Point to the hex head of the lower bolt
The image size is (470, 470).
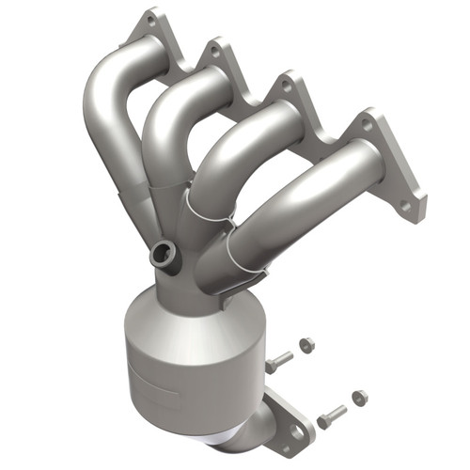(x=323, y=420)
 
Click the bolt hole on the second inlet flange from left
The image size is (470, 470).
(x=215, y=55)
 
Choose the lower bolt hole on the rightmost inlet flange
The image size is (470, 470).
(x=405, y=201)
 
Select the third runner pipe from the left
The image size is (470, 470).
(x=235, y=150)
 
